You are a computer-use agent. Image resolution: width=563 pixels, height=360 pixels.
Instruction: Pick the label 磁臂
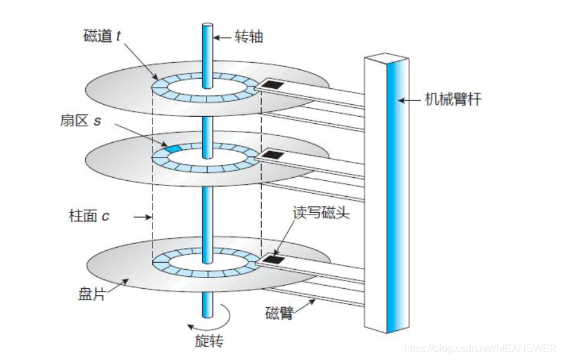click(279, 313)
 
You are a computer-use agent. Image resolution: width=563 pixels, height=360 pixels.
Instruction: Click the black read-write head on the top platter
click(274, 83)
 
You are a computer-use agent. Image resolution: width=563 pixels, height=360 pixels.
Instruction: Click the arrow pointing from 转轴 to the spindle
click(221, 37)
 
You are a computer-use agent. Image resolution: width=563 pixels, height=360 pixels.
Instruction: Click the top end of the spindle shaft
click(207, 26)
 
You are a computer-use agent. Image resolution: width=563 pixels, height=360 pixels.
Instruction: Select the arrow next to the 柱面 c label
click(140, 217)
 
